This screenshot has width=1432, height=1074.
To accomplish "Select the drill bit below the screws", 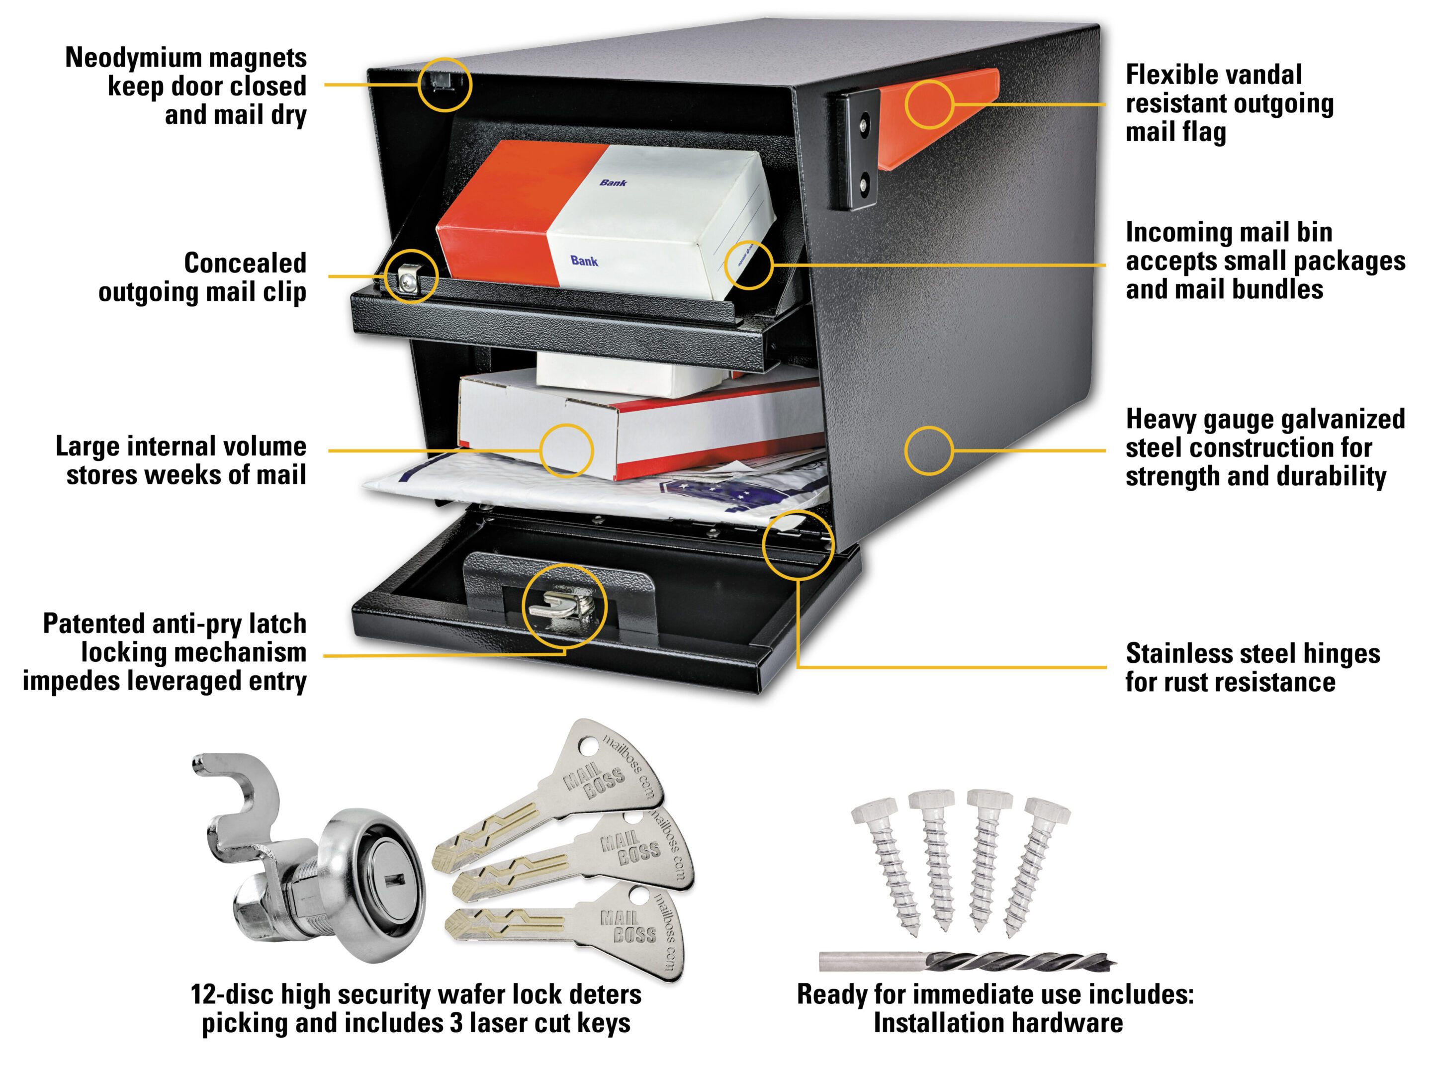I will click(967, 960).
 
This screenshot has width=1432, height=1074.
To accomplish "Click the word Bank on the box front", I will click(584, 261).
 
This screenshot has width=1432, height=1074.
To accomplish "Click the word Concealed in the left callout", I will click(245, 264).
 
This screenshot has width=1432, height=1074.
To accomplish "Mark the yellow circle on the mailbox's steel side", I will click(928, 450).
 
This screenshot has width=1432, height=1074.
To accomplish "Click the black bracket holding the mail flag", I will click(857, 151).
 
